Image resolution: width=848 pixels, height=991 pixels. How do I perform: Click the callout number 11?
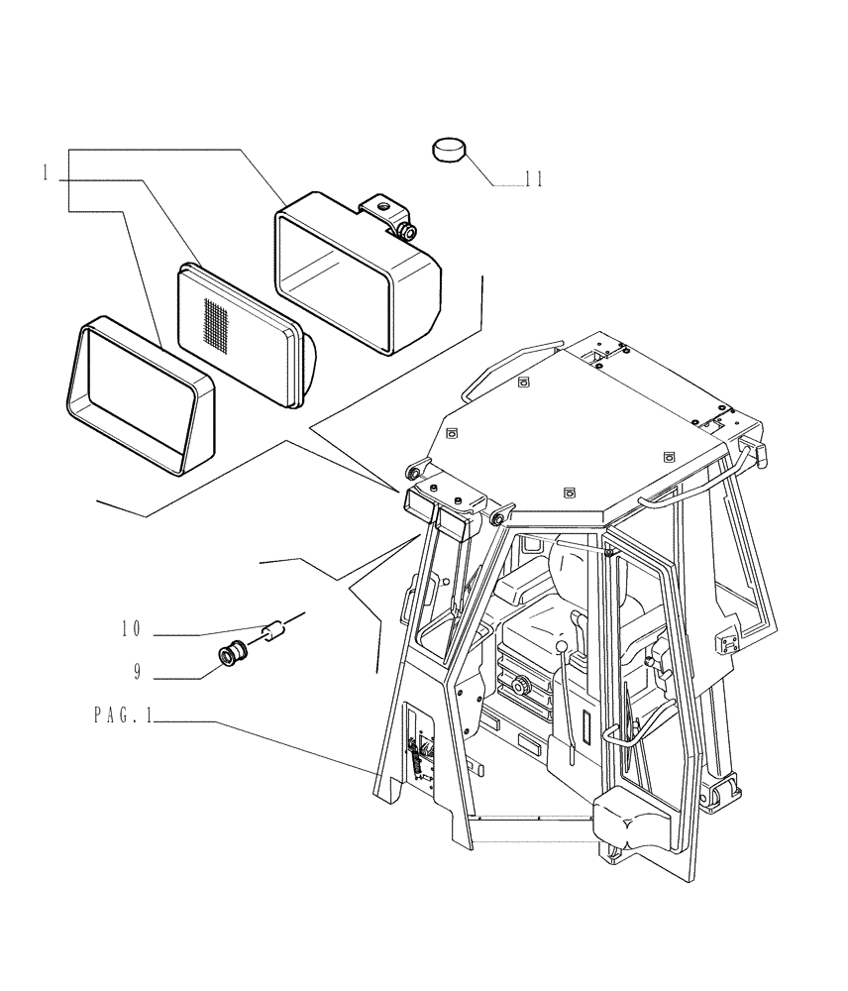(x=533, y=179)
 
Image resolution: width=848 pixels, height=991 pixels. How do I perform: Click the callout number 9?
(x=138, y=672)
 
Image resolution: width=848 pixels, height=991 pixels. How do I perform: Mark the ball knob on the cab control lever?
(x=561, y=648)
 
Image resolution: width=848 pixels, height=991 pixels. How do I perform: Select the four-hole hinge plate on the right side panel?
(x=727, y=642)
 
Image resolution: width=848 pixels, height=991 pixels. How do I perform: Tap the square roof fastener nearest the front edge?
(x=569, y=492)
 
